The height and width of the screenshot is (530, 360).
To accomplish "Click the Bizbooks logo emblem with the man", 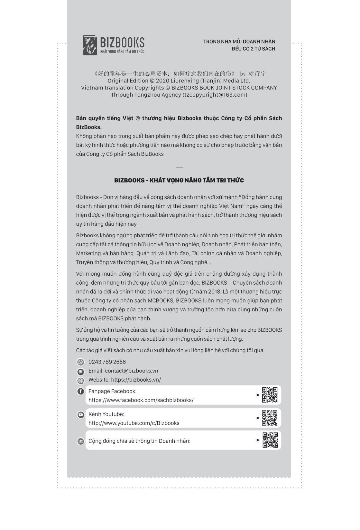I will (90, 45).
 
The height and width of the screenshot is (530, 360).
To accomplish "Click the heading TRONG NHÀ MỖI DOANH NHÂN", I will (239, 42).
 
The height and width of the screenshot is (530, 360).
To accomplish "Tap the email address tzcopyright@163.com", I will (215, 95).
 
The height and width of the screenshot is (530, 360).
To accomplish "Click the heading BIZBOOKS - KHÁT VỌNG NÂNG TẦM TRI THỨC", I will (179, 180).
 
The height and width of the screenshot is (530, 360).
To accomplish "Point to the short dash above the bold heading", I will (179, 167).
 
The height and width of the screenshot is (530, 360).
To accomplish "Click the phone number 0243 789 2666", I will (107, 362).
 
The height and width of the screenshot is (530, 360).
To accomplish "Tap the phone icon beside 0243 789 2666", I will (80, 362).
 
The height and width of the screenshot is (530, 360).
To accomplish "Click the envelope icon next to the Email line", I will (80, 371).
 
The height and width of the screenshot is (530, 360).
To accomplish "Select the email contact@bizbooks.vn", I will (131, 371).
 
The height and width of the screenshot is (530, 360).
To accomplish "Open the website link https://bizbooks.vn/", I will (136, 380).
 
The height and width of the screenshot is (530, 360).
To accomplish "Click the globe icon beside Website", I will (80, 380).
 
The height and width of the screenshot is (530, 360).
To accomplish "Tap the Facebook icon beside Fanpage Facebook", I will (80, 392).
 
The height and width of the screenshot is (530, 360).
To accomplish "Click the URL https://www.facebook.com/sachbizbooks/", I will (141, 400).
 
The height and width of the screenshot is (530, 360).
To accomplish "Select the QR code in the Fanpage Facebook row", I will (270, 395).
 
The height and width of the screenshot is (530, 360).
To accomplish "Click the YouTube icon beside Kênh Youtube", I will (80, 415).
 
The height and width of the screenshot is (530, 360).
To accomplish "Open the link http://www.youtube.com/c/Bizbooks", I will (134, 423).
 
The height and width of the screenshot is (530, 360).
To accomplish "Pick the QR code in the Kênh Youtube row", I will (270, 418).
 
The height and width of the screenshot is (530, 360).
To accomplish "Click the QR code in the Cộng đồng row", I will (270, 440).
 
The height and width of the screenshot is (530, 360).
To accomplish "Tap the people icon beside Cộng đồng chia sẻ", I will (80, 441).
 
